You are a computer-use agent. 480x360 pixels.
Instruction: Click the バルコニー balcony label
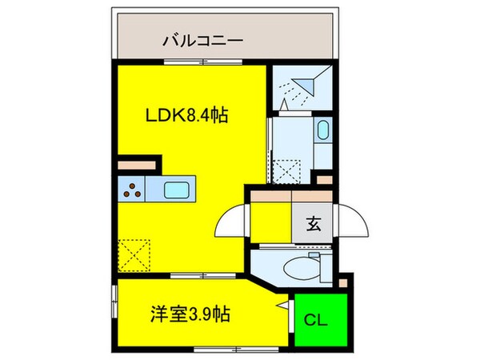(x=202, y=41)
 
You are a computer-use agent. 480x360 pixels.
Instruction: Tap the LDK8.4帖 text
(x=186, y=116)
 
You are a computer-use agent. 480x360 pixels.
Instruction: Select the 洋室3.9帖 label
(x=190, y=314)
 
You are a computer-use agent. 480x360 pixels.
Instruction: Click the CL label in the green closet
(x=316, y=320)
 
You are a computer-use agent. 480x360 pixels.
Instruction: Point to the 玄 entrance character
(x=314, y=224)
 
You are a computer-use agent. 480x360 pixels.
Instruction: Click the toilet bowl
(x=302, y=269)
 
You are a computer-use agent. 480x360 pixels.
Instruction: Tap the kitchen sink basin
(x=176, y=190)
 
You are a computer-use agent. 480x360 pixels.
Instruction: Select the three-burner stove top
(x=132, y=190)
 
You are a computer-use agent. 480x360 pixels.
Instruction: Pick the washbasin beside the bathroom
(x=323, y=130)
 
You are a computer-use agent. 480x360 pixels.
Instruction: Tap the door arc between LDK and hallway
(x=230, y=220)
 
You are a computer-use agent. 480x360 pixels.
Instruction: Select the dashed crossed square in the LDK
(x=134, y=255)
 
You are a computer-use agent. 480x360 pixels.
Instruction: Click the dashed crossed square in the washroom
(x=286, y=172)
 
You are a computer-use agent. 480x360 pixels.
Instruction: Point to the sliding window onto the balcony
(x=203, y=62)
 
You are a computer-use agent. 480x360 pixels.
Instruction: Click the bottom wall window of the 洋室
(x=236, y=349)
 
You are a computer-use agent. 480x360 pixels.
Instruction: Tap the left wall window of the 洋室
(x=114, y=302)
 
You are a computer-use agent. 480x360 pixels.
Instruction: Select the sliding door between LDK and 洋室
(x=203, y=275)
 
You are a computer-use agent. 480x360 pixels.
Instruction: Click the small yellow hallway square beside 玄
(x=271, y=222)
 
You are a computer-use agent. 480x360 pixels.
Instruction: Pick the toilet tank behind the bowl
(x=326, y=266)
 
